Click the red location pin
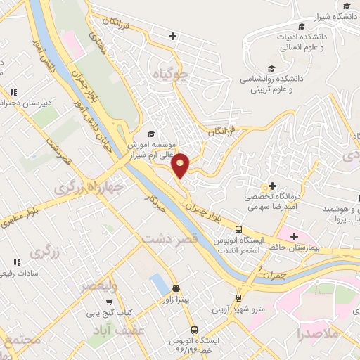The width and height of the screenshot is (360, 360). click(x=180, y=164)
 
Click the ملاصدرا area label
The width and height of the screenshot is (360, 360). click(x=318, y=332)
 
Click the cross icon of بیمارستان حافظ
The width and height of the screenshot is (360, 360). click(x=294, y=236)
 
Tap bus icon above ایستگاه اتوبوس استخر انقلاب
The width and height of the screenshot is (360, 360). click(x=238, y=229)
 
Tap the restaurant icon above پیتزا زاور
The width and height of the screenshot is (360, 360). click(x=176, y=288)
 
